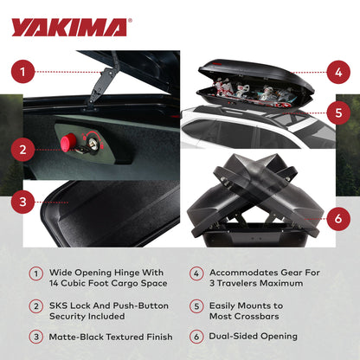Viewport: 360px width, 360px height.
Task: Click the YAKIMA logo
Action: [70, 27]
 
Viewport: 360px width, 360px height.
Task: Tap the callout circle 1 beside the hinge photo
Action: [25, 72]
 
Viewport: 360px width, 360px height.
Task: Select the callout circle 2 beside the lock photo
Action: [25, 148]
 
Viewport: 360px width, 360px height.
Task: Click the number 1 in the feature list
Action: [35, 272]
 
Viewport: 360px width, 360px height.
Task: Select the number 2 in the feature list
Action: [35, 305]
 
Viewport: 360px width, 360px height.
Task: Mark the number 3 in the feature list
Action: [35, 337]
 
